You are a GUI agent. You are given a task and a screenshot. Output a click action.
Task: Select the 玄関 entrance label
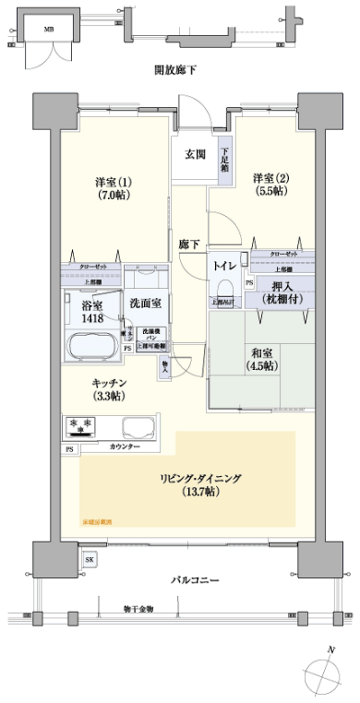pos(195,154)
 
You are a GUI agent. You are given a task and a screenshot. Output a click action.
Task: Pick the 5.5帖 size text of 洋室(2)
pos(269,191)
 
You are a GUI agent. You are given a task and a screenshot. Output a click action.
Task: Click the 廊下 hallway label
pos(188,244)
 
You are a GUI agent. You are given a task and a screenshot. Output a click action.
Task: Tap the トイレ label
pos(225,266)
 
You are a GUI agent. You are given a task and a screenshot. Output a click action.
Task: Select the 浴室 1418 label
pos(93,311)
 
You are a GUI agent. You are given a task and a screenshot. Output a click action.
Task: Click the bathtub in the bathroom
pos(96,346)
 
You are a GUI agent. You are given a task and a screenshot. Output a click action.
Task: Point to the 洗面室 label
pos(145,303)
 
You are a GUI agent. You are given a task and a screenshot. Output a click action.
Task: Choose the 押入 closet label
pos(282,290)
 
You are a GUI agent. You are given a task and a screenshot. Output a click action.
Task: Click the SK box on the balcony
pos(88,560)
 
